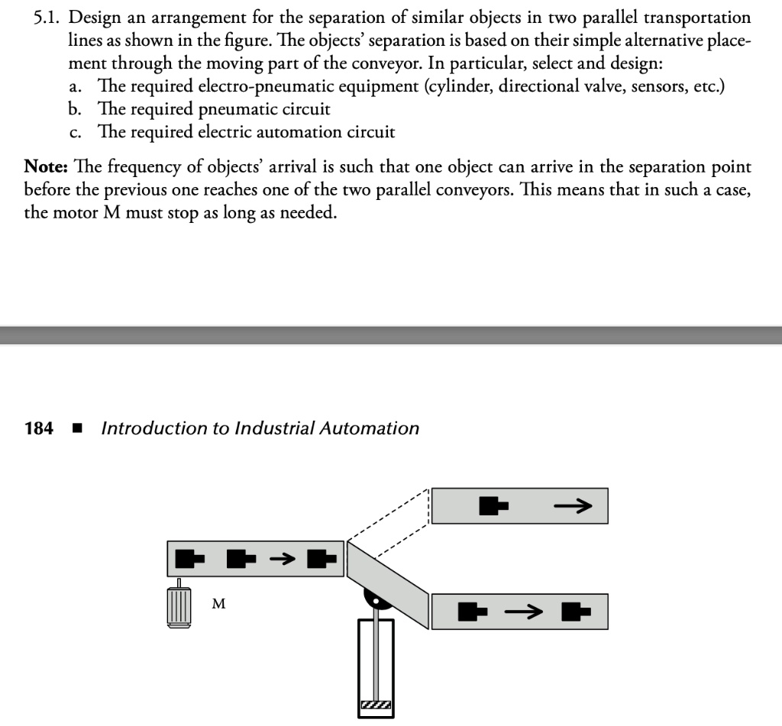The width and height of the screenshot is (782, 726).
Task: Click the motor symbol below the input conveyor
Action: pos(178,607)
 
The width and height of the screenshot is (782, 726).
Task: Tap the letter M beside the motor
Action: pos(218,604)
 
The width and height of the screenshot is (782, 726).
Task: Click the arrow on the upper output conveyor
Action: pos(572,505)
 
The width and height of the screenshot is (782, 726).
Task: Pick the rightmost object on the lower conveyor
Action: pos(576,611)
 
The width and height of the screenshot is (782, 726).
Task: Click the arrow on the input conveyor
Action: pos(281,559)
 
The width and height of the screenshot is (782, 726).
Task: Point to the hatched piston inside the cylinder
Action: pos(376,706)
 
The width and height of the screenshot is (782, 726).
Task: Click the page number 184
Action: pos(39,428)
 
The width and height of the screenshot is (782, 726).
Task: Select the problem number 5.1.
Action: pos(48,18)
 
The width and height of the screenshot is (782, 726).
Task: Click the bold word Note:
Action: pos(49,166)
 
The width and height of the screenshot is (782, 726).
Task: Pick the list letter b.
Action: pos(73,109)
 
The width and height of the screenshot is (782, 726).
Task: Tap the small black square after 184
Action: pos(76,428)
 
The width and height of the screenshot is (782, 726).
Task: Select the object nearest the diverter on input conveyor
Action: pos(322,559)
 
